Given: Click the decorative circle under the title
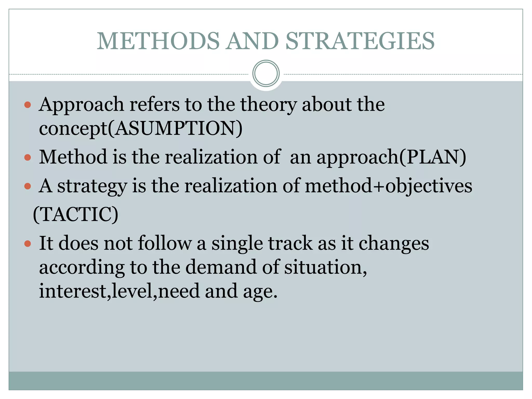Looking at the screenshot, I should (x=266, y=74).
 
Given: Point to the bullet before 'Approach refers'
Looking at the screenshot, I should (x=27, y=105).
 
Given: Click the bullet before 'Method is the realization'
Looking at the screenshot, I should (x=27, y=158).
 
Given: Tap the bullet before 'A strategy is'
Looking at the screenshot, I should (x=27, y=186).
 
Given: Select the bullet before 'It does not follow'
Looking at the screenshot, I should (x=27, y=244).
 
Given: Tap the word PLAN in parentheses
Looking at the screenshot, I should (x=433, y=157).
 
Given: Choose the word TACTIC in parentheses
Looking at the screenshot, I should (x=76, y=215).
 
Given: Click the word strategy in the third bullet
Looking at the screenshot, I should (x=92, y=187).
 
